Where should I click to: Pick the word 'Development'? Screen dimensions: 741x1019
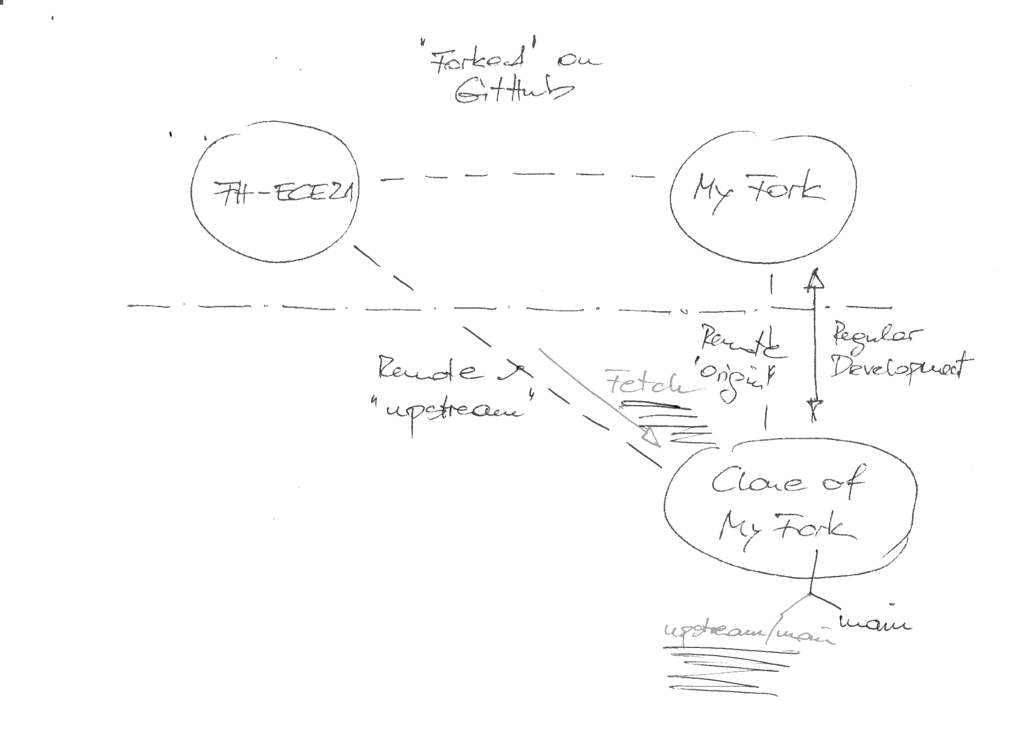pos(900,366)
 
